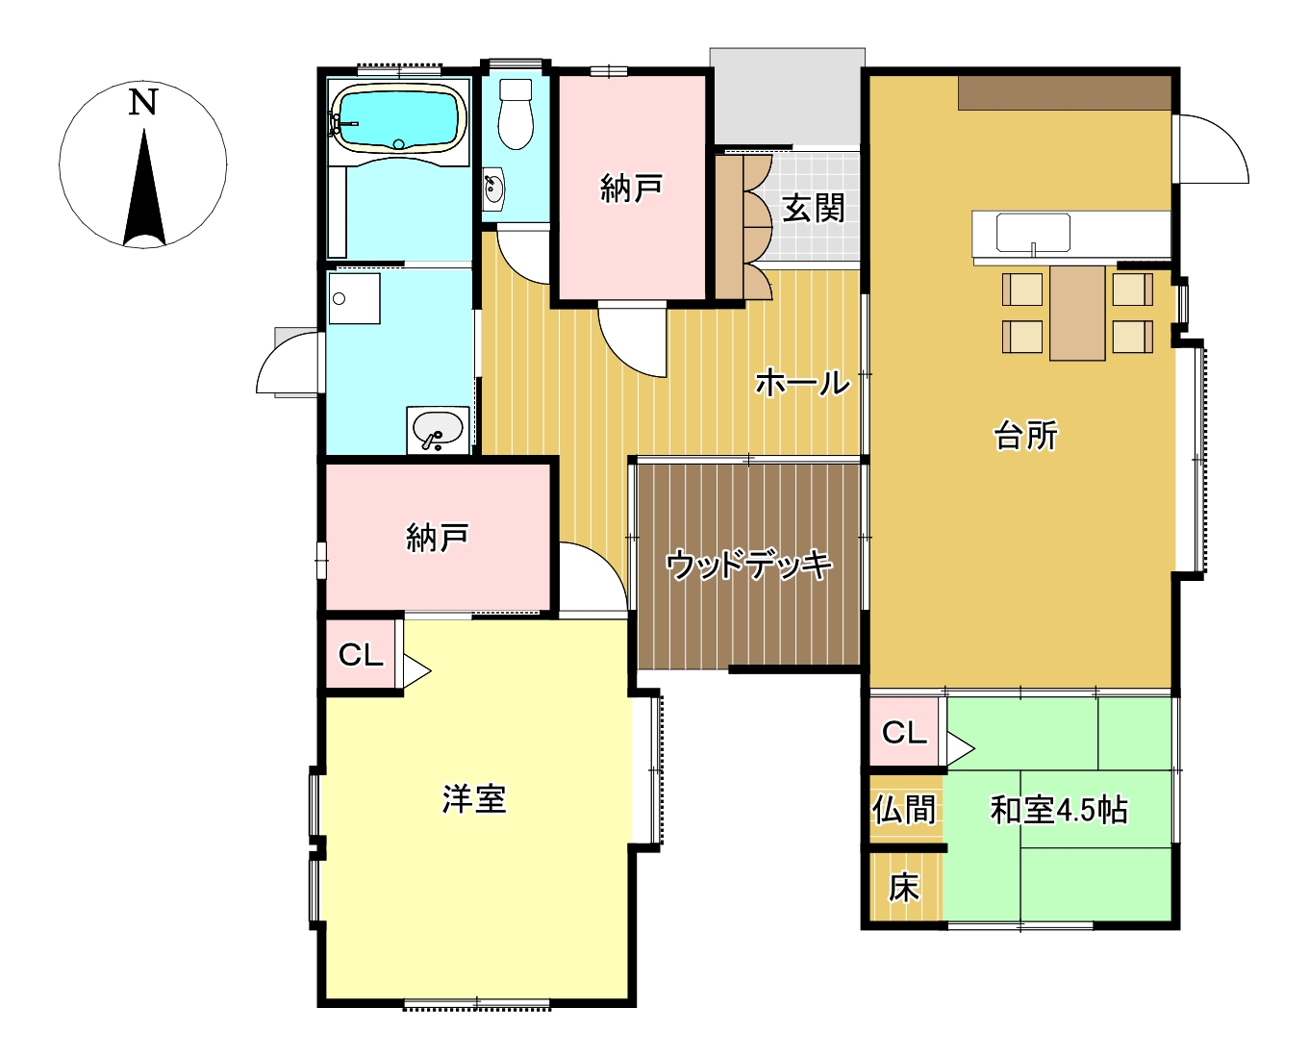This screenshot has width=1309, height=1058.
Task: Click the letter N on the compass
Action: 143,103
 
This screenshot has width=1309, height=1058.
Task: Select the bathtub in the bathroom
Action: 397,117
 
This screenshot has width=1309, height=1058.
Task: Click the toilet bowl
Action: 515,114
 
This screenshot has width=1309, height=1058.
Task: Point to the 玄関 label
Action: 813,208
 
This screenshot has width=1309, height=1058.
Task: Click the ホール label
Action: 802,382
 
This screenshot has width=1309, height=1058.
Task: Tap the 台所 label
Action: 1025,435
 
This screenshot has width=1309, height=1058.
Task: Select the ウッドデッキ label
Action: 748,564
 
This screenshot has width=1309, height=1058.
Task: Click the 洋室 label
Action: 474,798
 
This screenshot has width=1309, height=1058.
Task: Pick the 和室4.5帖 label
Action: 1059,810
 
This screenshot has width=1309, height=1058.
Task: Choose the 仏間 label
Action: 903,809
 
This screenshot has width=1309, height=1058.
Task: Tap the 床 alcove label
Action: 903,888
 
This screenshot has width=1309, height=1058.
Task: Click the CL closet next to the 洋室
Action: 361,655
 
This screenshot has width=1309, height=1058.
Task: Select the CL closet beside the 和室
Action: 904,732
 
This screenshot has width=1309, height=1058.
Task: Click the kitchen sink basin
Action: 1033,233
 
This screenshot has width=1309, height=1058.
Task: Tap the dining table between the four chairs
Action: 1077,313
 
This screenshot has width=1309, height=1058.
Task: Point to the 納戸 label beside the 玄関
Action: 631,188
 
